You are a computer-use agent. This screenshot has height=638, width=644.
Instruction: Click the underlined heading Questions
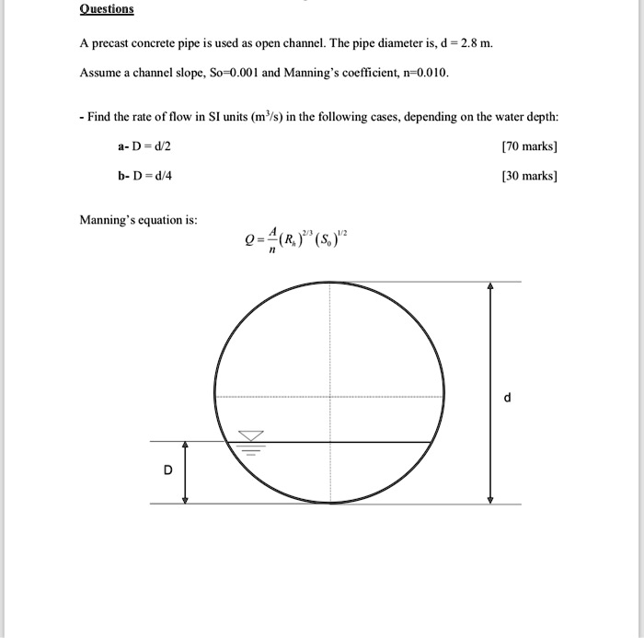pos(107,9)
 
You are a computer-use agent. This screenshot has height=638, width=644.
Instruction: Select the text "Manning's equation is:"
pos(138,220)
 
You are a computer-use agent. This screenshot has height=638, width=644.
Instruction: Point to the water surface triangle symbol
pos(251,435)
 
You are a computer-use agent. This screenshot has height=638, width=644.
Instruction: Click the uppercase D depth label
pos(167,470)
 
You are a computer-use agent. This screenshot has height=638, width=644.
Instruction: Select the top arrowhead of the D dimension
pos(186,447)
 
